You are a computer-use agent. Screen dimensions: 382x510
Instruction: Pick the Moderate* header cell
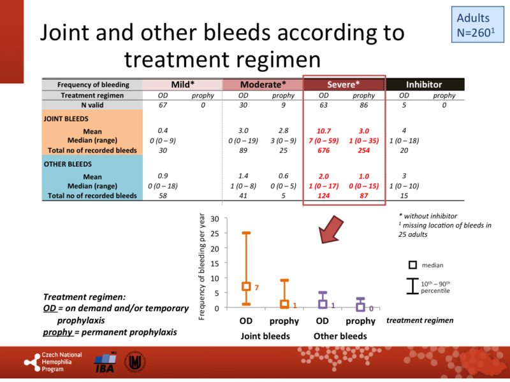[x=262, y=84]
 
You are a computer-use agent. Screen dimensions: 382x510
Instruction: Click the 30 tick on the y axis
[x=214, y=218]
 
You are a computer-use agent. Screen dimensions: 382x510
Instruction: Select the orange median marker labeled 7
[x=245, y=286]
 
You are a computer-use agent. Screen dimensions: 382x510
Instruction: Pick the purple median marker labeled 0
[x=360, y=307]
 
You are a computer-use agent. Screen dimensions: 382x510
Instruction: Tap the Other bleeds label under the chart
[x=342, y=336]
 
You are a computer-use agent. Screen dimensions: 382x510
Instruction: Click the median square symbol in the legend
[x=412, y=265]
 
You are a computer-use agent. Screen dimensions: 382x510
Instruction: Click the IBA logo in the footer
[x=105, y=363]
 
